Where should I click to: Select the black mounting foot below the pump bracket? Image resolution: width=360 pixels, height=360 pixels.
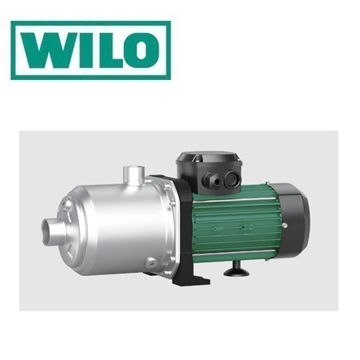[192, 279]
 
